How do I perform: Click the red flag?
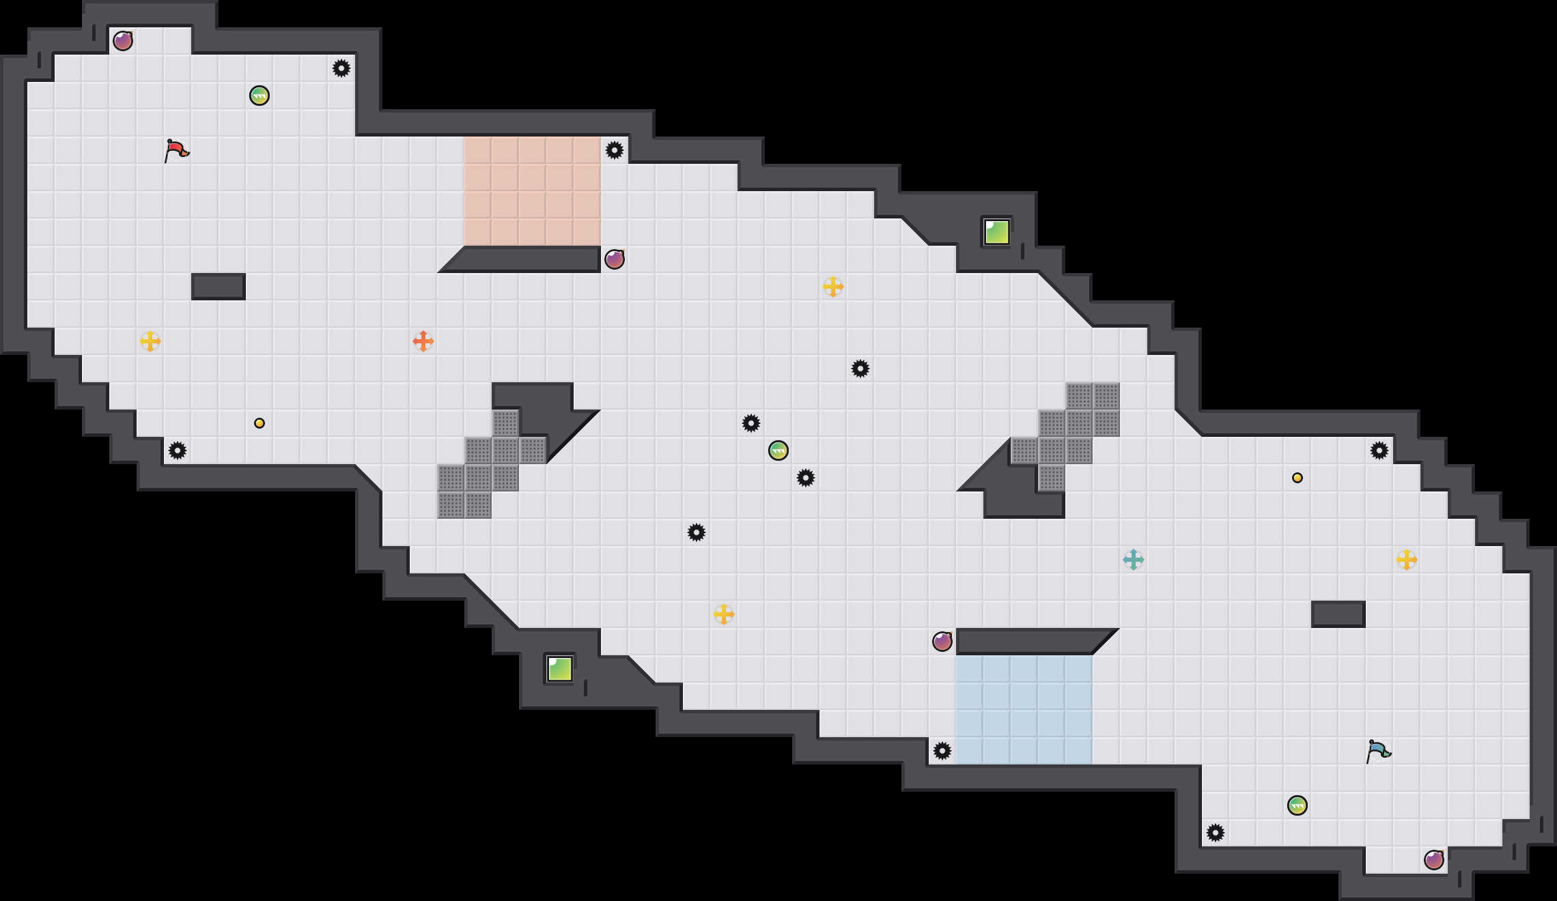(x=176, y=150)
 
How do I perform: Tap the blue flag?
(x=1378, y=751)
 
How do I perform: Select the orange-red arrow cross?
(x=423, y=341)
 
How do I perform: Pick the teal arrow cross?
(x=1134, y=560)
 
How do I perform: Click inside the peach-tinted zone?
(x=533, y=191)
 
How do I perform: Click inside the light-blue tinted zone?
(x=1024, y=710)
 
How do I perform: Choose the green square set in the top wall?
(x=997, y=232)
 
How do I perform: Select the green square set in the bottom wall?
(x=560, y=669)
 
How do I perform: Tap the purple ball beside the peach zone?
(x=615, y=259)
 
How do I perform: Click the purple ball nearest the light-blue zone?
(x=942, y=642)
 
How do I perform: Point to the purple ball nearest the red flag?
(x=123, y=41)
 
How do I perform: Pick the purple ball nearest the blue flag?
(x=1434, y=860)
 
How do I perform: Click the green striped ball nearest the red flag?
(x=259, y=96)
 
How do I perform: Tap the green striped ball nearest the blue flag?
(x=1297, y=805)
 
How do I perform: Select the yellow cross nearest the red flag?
(x=150, y=341)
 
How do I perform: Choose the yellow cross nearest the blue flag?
(x=1407, y=560)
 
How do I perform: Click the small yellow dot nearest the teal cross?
(x=1297, y=478)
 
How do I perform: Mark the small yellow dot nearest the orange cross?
(x=259, y=423)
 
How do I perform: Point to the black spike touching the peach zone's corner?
(x=615, y=150)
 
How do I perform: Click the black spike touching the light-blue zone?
(x=942, y=751)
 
